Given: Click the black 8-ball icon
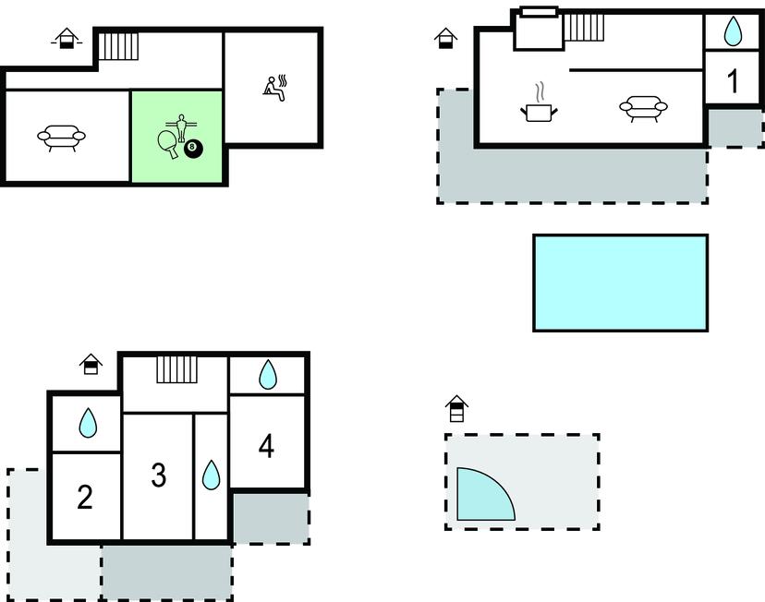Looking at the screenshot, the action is tap(193, 147).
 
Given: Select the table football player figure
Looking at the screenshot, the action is tap(181, 126).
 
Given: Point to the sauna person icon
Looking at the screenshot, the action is tap(274, 89).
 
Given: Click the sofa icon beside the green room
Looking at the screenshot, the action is tap(62, 137).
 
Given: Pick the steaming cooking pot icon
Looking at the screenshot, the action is tap(539, 103).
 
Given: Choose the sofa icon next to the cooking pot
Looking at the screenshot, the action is tap(644, 108).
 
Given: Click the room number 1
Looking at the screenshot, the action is tap(733, 80).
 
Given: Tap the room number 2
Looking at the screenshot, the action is tap(85, 497).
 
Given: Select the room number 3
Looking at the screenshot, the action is tap(159, 475).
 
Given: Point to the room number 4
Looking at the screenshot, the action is tap(266, 446).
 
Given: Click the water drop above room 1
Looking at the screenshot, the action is tap(733, 31).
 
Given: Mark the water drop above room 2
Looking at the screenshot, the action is tap(89, 423).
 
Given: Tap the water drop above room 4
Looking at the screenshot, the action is tap(267, 374).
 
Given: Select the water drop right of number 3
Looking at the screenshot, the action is tap(212, 475).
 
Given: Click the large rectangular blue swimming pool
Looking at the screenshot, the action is tap(620, 283).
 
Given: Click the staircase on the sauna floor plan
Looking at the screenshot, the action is tap(118, 46).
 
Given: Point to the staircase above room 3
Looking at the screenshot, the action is tap(177, 369).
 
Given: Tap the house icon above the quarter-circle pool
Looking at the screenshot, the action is tap(456, 408).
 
